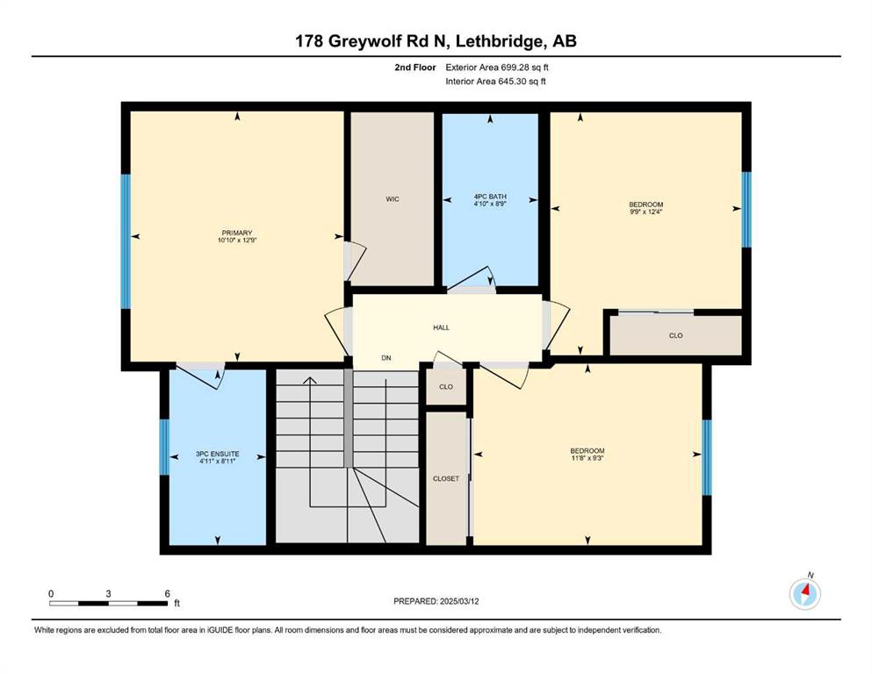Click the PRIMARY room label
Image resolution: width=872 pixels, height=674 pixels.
tap(237, 233)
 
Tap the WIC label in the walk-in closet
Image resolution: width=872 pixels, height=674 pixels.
tap(392, 199)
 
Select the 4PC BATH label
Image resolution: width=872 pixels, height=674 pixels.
tap(490, 197)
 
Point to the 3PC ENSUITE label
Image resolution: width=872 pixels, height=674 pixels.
tap(218, 454)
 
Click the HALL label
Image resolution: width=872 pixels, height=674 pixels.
tap(441, 328)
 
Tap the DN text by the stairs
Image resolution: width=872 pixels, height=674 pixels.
tap(386, 358)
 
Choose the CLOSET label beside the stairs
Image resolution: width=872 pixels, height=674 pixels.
tap(446, 478)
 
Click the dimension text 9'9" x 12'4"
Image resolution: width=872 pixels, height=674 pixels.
tap(646, 212)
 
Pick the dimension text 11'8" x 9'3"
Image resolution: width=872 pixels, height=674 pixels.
tap(587, 458)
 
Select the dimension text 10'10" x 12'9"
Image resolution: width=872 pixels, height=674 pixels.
tap(237, 240)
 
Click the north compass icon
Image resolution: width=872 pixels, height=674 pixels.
tap(804, 593)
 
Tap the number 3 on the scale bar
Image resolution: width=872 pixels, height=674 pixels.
tap(108, 593)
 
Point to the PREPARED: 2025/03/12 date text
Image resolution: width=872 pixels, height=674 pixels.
tap(436, 601)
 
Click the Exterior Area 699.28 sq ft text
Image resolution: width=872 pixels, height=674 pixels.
tap(497, 68)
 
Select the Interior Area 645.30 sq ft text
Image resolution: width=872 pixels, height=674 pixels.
tap(495, 81)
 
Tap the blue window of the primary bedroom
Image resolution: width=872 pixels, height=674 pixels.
tap(126, 241)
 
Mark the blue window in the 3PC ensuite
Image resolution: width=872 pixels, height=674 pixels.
tap(164, 448)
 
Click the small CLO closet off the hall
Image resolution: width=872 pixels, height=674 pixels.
tap(446, 387)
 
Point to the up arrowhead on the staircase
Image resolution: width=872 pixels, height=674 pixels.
tap(310, 381)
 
